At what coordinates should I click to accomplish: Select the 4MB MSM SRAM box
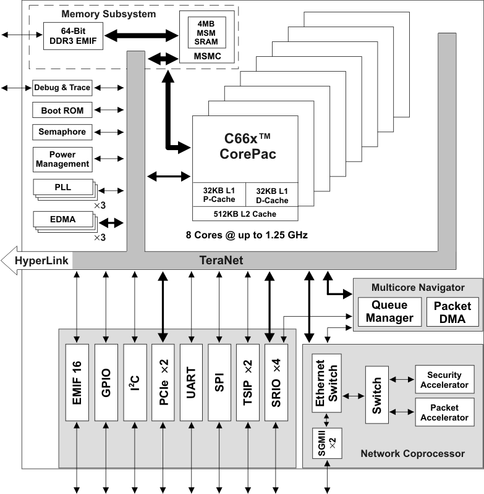coord(206,33)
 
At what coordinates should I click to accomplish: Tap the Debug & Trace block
coord(62,88)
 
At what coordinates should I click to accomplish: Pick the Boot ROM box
coord(62,111)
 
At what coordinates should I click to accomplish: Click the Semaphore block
coord(62,132)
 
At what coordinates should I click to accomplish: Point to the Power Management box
coord(62,159)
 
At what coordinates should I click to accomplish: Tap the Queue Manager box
coord(389,312)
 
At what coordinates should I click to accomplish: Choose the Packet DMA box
coord(452,312)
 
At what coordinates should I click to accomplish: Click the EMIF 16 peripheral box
coord(77,383)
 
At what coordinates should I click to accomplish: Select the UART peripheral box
coord(192,383)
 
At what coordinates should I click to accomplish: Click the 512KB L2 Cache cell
coord(245,214)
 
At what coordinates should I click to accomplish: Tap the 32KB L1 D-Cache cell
coord(271,195)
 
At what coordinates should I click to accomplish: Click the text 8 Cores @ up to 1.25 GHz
coord(247,235)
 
